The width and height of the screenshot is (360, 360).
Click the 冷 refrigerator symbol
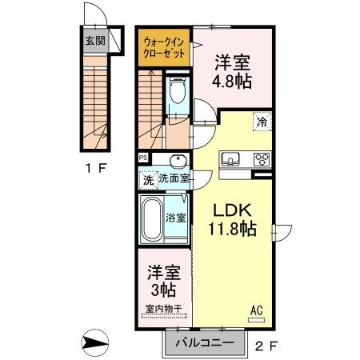pyautogui.click(x=262, y=122)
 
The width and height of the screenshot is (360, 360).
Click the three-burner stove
pyautogui.click(x=262, y=158)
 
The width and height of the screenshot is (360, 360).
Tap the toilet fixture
pyautogui.click(x=177, y=94)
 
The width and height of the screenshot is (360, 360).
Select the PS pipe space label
pyautogui.click(x=143, y=157)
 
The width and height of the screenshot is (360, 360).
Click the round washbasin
pyautogui.click(x=178, y=159)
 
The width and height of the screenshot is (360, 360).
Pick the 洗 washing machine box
pyautogui.click(x=147, y=180)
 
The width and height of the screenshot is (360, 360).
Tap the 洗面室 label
pyautogui.click(x=173, y=179)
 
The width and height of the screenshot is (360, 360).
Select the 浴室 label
pyautogui.click(x=177, y=217)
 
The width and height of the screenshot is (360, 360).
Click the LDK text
pyautogui.click(x=232, y=211)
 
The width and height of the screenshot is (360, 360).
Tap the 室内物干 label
pyautogui.click(x=162, y=309)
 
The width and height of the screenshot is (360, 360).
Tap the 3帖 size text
pyautogui.click(x=162, y=289)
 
